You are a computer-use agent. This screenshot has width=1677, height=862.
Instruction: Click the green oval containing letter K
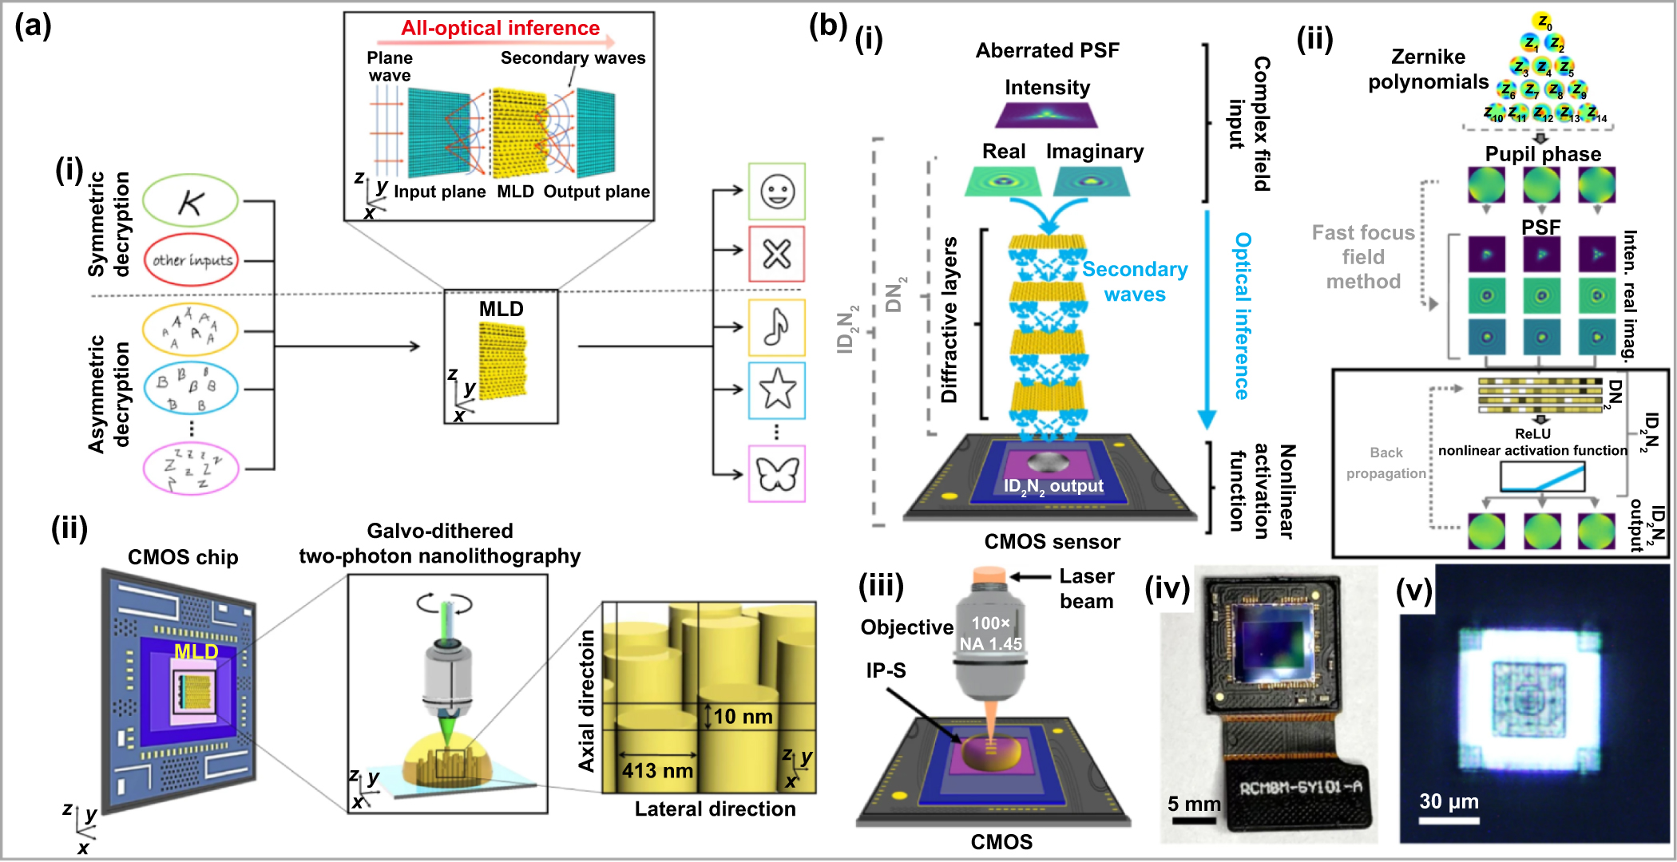190,201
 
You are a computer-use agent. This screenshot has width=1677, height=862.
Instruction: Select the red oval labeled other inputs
192,260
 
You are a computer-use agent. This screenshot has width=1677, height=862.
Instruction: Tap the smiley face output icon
776,192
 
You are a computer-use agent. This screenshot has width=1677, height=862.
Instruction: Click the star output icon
776,389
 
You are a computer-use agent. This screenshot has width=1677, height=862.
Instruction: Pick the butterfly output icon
776,474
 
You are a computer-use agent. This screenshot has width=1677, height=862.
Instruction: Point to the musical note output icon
776,327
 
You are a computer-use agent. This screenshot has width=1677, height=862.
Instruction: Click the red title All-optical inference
500,28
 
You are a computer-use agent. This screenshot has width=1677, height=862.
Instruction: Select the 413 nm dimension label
657,770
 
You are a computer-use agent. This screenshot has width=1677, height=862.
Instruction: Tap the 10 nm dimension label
743,716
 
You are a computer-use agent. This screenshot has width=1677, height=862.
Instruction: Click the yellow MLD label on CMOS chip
196,651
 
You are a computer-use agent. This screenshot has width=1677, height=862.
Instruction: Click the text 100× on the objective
990,623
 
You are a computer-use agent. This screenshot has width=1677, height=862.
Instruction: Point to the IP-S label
886,670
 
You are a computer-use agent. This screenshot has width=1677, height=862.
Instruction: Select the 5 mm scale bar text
1194,804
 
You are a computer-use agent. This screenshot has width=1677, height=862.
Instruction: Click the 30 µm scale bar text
1449,801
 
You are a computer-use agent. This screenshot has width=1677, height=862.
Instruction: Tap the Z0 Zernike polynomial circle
1542,22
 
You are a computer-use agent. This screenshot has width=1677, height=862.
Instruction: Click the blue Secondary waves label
1134,281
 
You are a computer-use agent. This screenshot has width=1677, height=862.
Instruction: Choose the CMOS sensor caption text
1052,542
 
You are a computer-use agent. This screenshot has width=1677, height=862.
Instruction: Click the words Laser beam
1086,588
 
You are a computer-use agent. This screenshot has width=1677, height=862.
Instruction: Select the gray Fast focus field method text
1363,257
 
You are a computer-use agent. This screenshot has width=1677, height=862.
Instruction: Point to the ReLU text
1532,433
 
